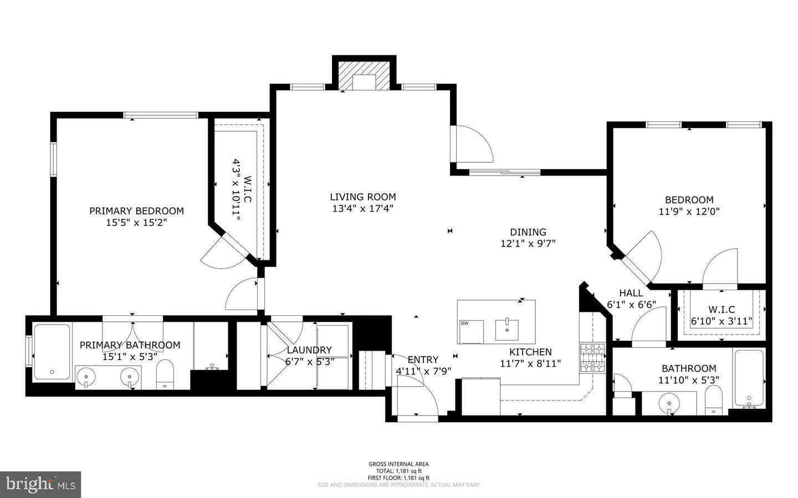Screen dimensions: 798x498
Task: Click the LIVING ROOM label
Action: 362,197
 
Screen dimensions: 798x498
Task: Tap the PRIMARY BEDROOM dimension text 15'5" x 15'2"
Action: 136,223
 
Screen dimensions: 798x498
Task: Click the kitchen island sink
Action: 507,330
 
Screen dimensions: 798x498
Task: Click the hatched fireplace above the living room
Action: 364,76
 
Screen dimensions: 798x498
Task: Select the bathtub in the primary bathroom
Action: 52,352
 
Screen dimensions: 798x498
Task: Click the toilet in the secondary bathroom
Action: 713,400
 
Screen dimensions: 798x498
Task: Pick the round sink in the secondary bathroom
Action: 669,403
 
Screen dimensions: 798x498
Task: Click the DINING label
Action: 528,232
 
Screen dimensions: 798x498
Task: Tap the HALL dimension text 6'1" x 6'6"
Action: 631,304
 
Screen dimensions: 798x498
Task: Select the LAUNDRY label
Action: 309,350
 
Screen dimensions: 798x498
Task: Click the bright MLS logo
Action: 40,485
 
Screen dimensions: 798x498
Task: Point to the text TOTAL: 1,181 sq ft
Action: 398,471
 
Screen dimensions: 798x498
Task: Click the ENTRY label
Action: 423,360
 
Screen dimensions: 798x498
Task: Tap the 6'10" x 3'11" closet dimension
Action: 722,321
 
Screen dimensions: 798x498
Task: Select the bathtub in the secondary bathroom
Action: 749,378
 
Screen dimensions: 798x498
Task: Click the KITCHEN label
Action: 530,352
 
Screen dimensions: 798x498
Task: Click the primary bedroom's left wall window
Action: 53,159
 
